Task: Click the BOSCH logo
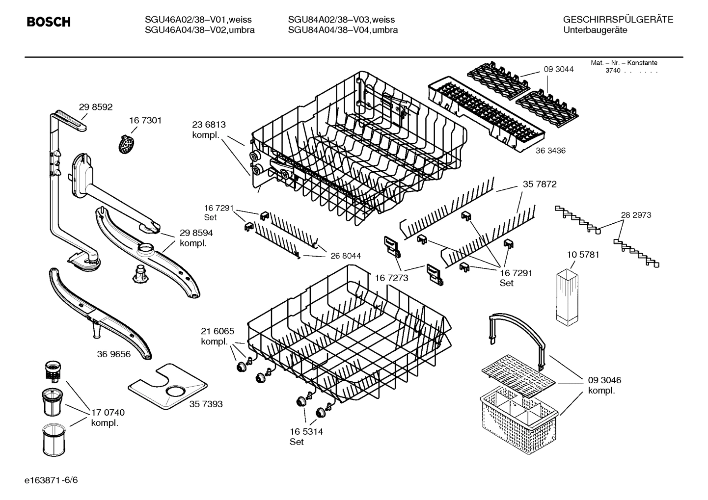click(48, 22)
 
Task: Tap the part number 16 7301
click(145, 120)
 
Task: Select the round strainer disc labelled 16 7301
click(127, 144)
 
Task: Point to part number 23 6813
click(209, 125)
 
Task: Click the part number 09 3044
click(558, 69)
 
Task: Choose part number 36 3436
click(550, 151)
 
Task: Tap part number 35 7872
click(540, 184)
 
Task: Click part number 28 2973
click(636, 215)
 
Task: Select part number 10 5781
click(583, 255)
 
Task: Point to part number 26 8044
click(346, 256)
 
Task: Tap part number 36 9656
click(114, 354)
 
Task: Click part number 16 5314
click(306, 432)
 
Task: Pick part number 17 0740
click(108, 412)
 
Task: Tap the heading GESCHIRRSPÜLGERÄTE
click(618, 20)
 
